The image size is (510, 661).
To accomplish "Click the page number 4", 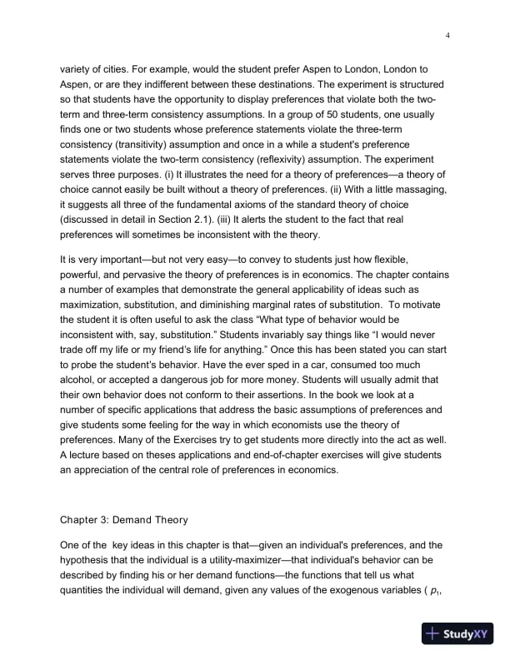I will (448, 35).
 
